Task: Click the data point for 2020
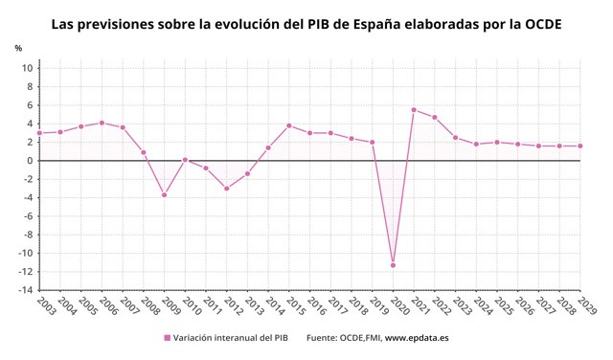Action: click(x=393, y=265)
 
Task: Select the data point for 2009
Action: click(x=164, y=195)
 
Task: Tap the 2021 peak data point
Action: click(x=414, y=110)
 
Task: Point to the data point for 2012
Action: click(x=226, y=189)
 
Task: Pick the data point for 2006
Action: click(x=102, y=123)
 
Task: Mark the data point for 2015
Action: click(x=289, y=125)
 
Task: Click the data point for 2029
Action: click(x=580, y=146)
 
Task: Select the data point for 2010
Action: click(x=185, y=160)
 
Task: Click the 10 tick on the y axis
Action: click(x=28, y=68)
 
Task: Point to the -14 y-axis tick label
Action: click(x=25, y=290)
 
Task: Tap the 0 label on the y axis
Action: click(x=30, y=161)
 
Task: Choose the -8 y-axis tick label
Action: click(x=28, y=235)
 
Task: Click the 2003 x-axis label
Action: click(x=46, y=305)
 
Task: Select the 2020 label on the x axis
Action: click(x=399, y=305)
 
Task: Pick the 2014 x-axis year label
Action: click(x=275, y=305)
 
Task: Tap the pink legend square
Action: click(x=168, y=338)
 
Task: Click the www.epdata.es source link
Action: click(x=417, y=338)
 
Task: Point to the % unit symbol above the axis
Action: click(x=18, y=48)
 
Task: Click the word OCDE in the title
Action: click(x=543, y=24)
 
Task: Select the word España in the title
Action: click(x=376, y=25)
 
